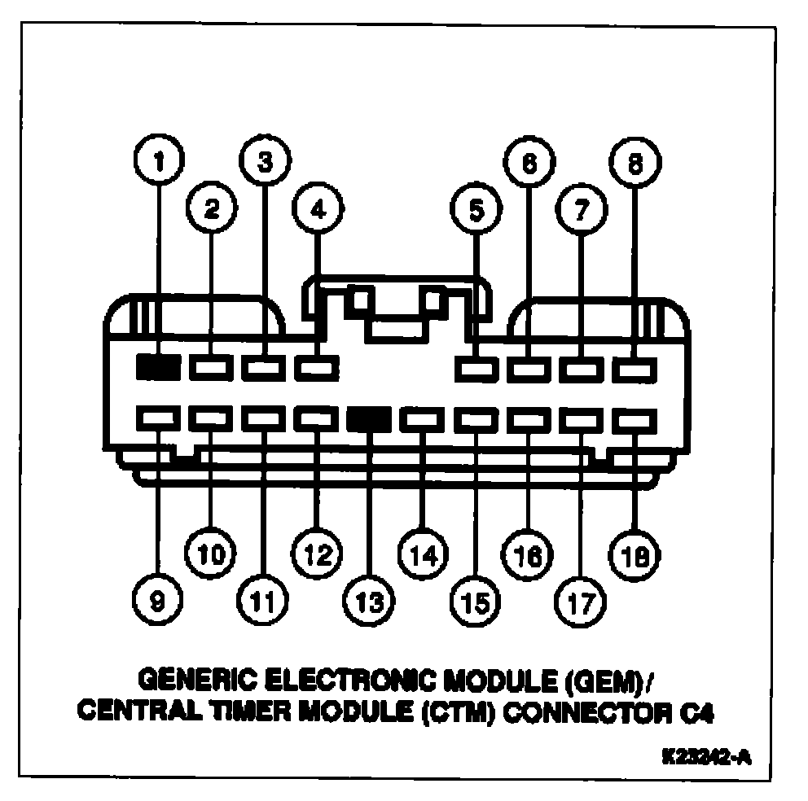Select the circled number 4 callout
point(318,209)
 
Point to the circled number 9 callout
point(158,602)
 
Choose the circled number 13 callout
point(371,602)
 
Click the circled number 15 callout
point(476,602)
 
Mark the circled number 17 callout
point(583,602)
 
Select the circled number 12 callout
point(318,556)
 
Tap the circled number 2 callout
point(212,209)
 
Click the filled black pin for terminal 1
point(158,369)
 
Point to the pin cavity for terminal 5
point(476,369)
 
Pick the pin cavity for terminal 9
point(158,419)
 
